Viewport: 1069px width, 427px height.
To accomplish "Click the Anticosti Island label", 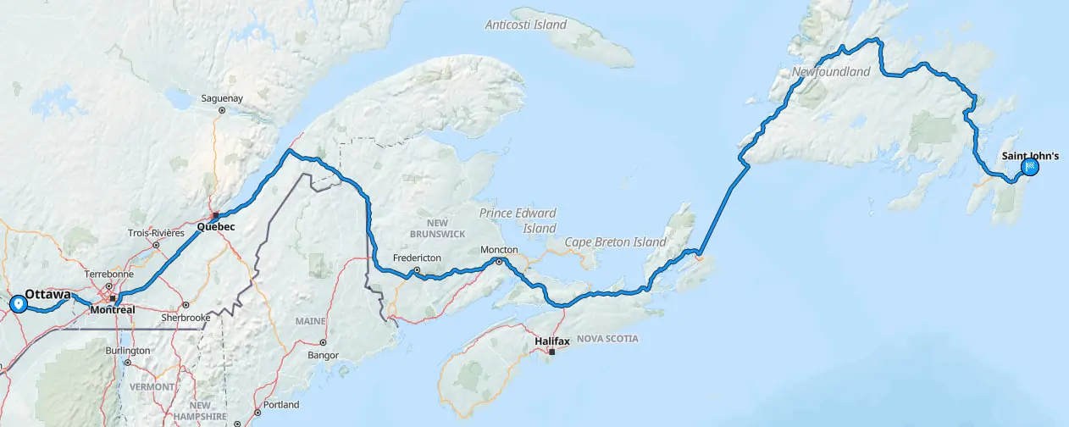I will (x=525, y=25).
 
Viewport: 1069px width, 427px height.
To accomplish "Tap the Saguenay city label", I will (x=222, y=98).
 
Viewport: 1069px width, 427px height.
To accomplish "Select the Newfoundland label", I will (x=831, y=72).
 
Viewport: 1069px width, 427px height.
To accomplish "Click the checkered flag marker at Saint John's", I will (x=1031, y=167).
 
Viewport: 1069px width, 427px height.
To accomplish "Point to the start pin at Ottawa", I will (x=18, y=303).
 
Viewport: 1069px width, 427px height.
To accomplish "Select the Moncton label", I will (x=498, y=250).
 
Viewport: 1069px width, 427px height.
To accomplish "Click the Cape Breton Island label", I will (x=615, y=242).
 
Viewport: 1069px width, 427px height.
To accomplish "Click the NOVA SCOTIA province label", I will (x=607, y=339).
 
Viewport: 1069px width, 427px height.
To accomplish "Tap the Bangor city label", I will (x=323, y=354).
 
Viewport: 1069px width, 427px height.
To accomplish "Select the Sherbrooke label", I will (x=186, y=318).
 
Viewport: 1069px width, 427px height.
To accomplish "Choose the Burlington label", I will (x=128, y=350).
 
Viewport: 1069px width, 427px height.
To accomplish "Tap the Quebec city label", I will (x=215, y=227).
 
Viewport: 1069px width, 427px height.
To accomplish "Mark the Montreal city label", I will (x=112, y=310).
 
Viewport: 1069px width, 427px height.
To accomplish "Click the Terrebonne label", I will (x=109, y=274).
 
